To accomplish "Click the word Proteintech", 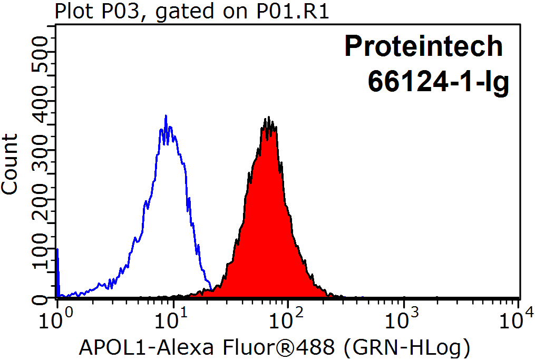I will (x=424, y=46).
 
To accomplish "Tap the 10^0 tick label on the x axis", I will (x=55, y=318).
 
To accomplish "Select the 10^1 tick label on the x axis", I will (x=171, y=318).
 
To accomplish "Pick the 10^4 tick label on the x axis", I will (x=518, y=318).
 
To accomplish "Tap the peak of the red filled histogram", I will (x=269, y=119).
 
